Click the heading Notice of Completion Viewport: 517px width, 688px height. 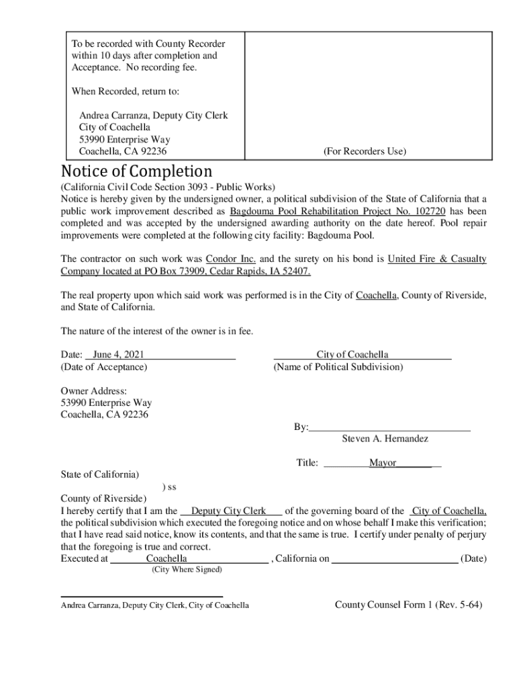pos(136,171)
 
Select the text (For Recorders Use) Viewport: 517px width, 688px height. pos(365,152)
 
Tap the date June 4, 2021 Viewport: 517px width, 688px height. pos(118,354)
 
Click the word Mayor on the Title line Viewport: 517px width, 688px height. pos(382,463)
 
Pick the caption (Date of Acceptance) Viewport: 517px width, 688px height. pos(104,367)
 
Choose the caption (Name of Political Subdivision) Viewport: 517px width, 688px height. pos(338,367)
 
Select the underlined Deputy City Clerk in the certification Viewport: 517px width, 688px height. pos(229,511)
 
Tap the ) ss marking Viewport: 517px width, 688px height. pos(170,486)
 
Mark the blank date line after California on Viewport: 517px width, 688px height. pos(395,559)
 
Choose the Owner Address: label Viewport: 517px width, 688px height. pos(94,391)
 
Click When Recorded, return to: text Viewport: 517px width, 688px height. pos(126,91)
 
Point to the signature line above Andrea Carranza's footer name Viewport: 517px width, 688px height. pos(142,596)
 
